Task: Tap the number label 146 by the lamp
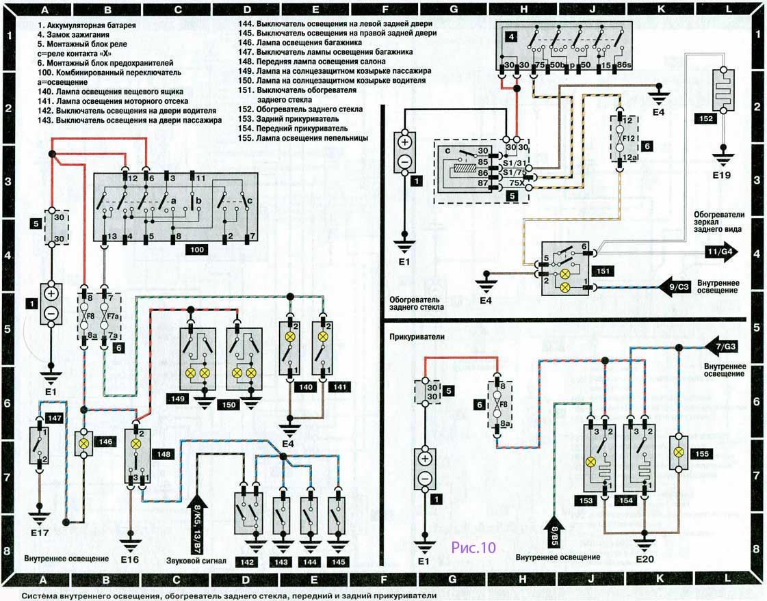pos(105,442)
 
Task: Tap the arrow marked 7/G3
pos(722,345)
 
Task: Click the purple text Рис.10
pos(473,547)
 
